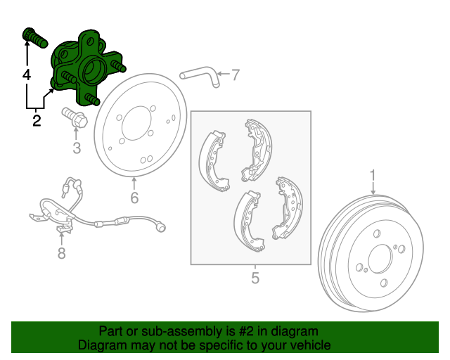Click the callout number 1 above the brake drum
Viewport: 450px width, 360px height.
pos(373,175)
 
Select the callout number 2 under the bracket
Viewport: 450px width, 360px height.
pos(37,121)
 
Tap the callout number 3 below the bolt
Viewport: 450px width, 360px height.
pos(77,148)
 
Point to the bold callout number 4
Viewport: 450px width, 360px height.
pos(27,75)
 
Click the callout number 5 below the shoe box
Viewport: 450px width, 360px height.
pos(255,278)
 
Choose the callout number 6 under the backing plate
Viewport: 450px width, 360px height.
pos(134,198)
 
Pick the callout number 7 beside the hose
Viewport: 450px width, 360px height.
pos(235,75)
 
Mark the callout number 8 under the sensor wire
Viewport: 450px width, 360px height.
pos(61,253)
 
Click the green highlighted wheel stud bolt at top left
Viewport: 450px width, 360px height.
pos(34,37)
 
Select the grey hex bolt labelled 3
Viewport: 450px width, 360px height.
pos(75,117)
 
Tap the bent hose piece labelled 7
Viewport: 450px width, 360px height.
pos(201,75)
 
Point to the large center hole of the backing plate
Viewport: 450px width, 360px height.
pos(136,123)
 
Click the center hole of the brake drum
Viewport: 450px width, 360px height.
pos(380,259)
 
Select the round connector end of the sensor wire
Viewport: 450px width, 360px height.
pos(160,227)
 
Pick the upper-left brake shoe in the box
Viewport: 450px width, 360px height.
pos(213,161)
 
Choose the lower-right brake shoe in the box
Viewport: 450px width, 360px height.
pos(287,208)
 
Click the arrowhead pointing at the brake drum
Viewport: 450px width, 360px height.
pos(373,192)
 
